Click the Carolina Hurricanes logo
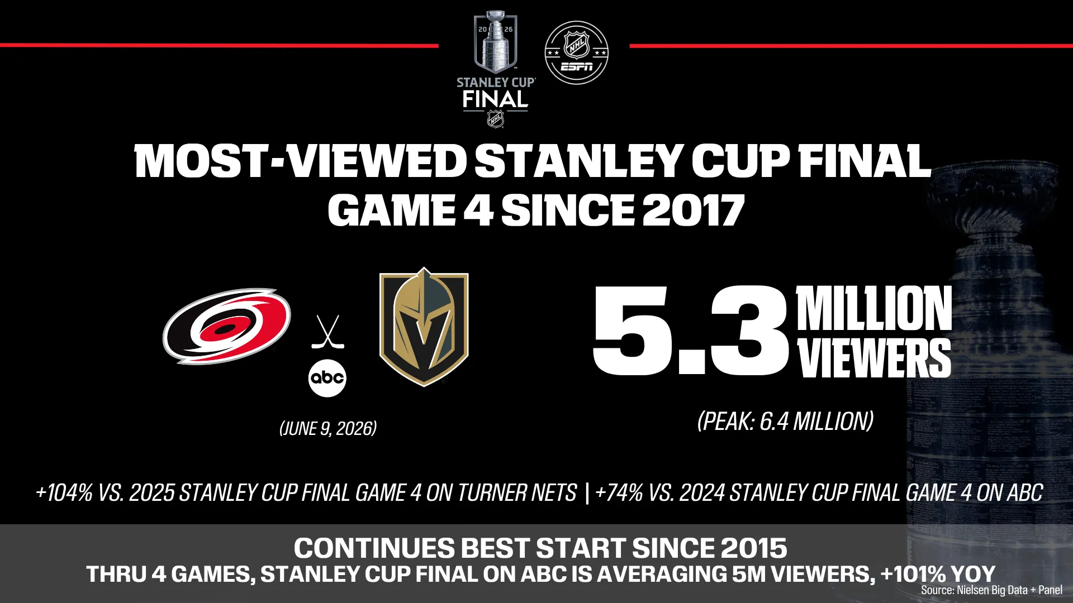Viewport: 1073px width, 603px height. click(x=227, y=327)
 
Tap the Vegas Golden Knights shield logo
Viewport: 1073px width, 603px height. click(x=424, y=327)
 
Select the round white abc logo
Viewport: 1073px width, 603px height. click(x=327, y=378)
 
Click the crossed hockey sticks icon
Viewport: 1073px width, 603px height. click(x=327, y=332)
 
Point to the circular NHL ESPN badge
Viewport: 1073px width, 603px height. click(x=576, y=53)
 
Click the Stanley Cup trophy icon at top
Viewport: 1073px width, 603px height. click(x=495, y=42)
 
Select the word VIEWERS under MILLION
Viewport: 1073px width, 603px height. click(x=874, y=357)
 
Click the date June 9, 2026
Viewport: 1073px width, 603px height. click(x=328, y=428)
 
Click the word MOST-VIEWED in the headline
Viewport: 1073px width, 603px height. click(x=301, y=161)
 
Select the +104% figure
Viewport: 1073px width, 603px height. click(x=64, y=492)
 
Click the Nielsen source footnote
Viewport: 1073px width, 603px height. click(x=991, y=590)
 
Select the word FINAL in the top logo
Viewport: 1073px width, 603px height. click(x=495, y=99)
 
